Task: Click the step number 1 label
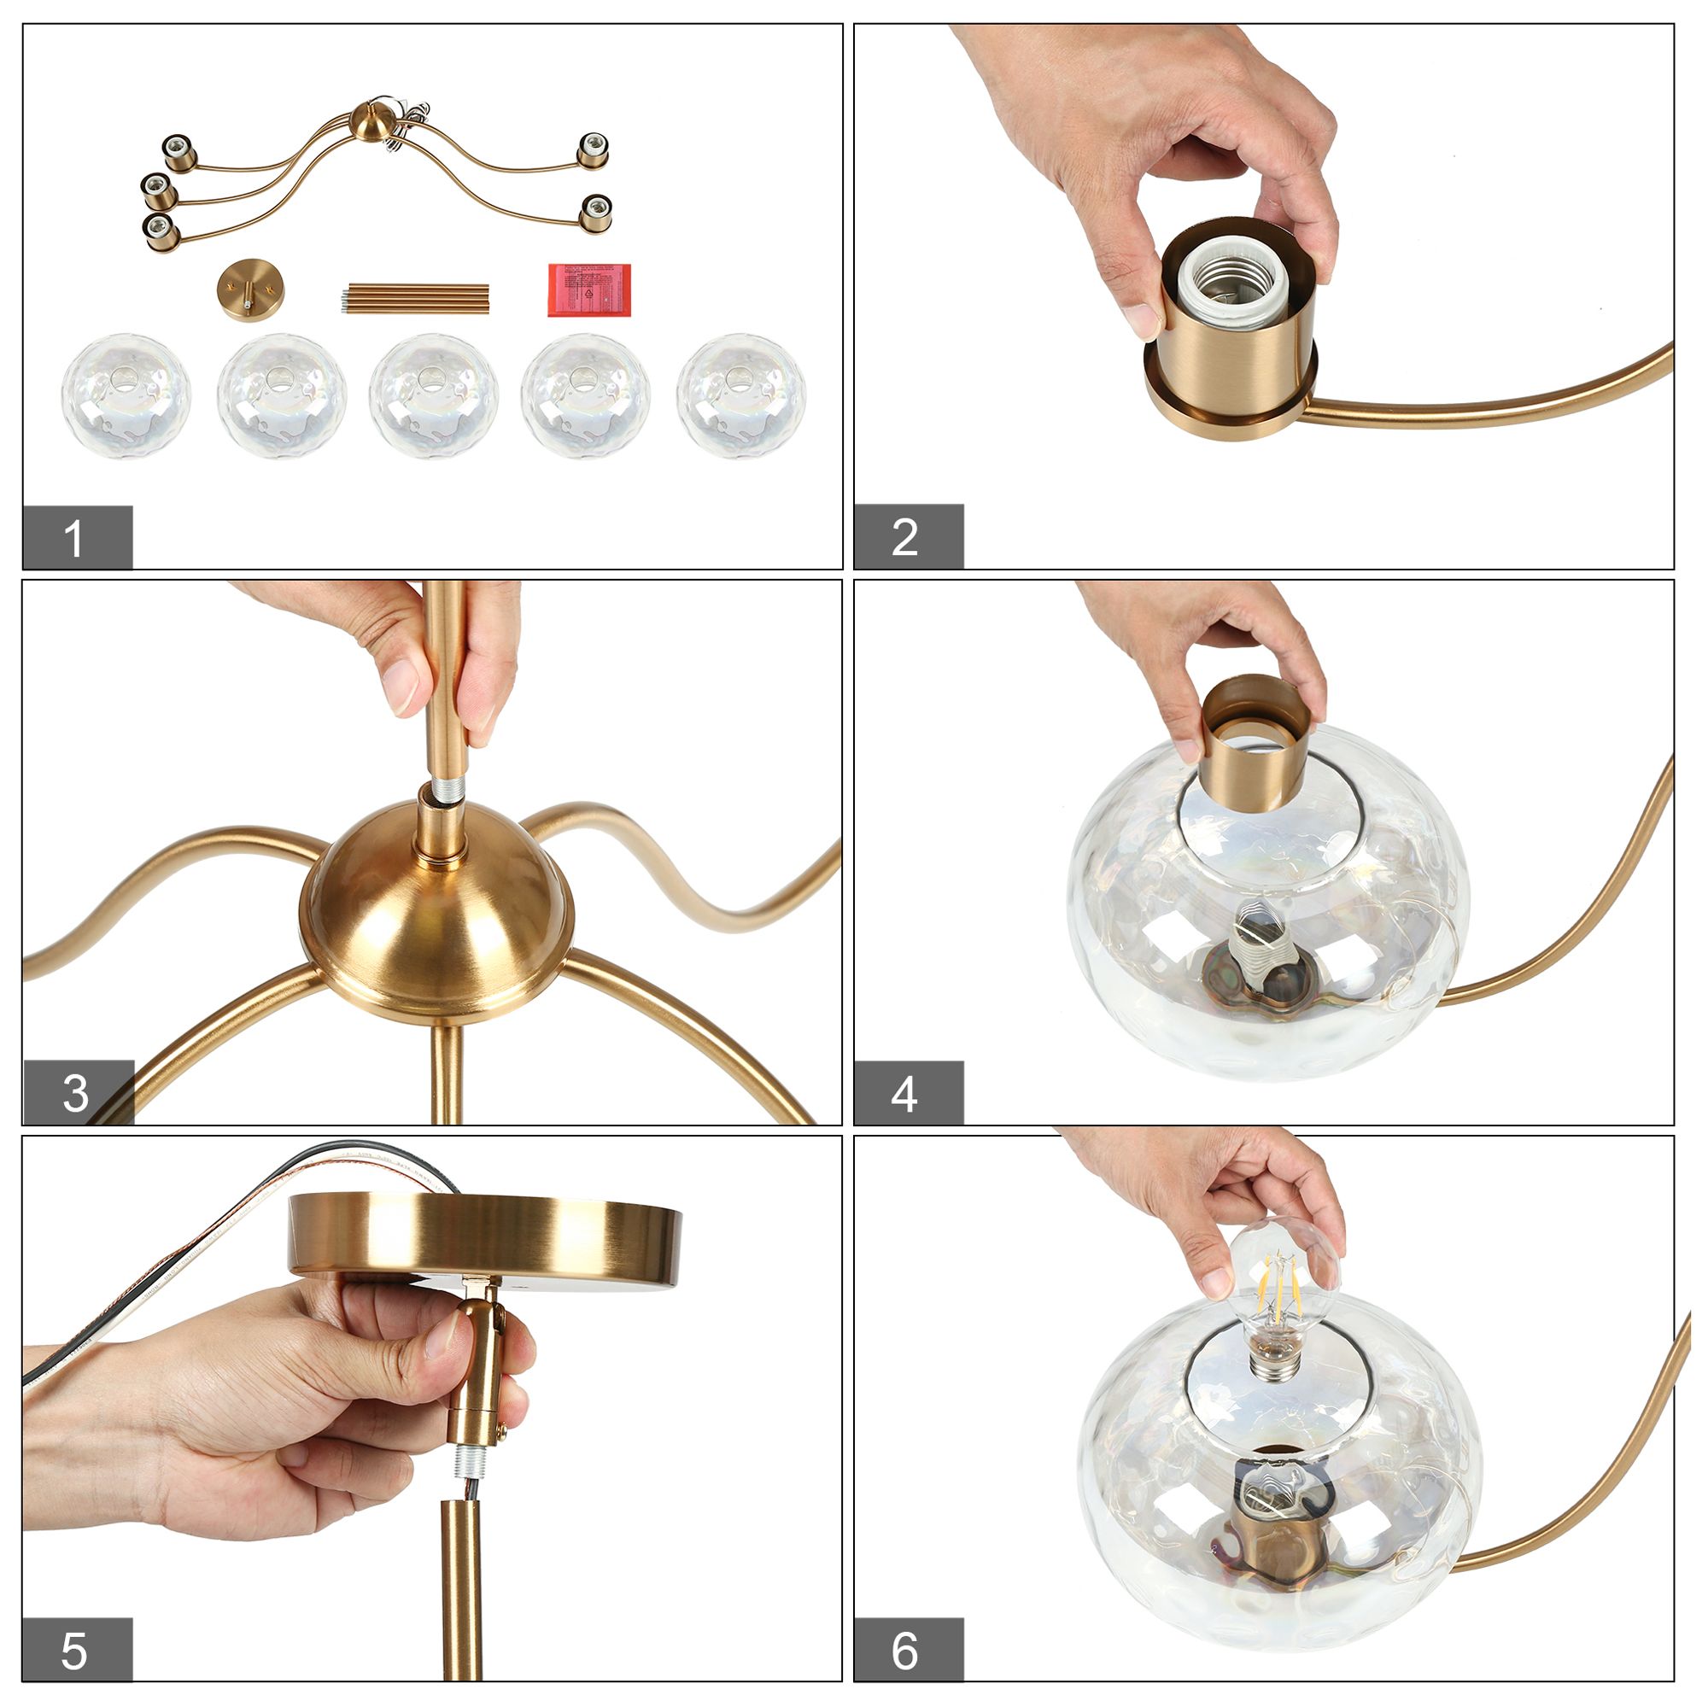pyautogui.click(x=77, y=536)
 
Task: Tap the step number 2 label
pyautogui.click(x=908, y=536)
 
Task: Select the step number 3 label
pyautogui.click(x=77, y=1093)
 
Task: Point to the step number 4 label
pyautogui.click(x=908, y=1093)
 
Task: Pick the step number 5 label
pyautogui.click(x=77, y=1650)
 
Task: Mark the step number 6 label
pyautogui.click(x=908, y=1650)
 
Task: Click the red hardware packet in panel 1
pyautogui.click(x=589, y=289)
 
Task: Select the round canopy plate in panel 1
pyautogui.click(x=250, y=289)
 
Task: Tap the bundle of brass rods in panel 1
pyautogui.click(x=416, y=297)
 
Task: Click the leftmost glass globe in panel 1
pyautogui.click(x=126, y=395)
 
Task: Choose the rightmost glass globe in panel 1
pyautogui.click(x=740, y=395)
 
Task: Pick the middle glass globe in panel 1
pyautogui.click(x=433, y=395)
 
